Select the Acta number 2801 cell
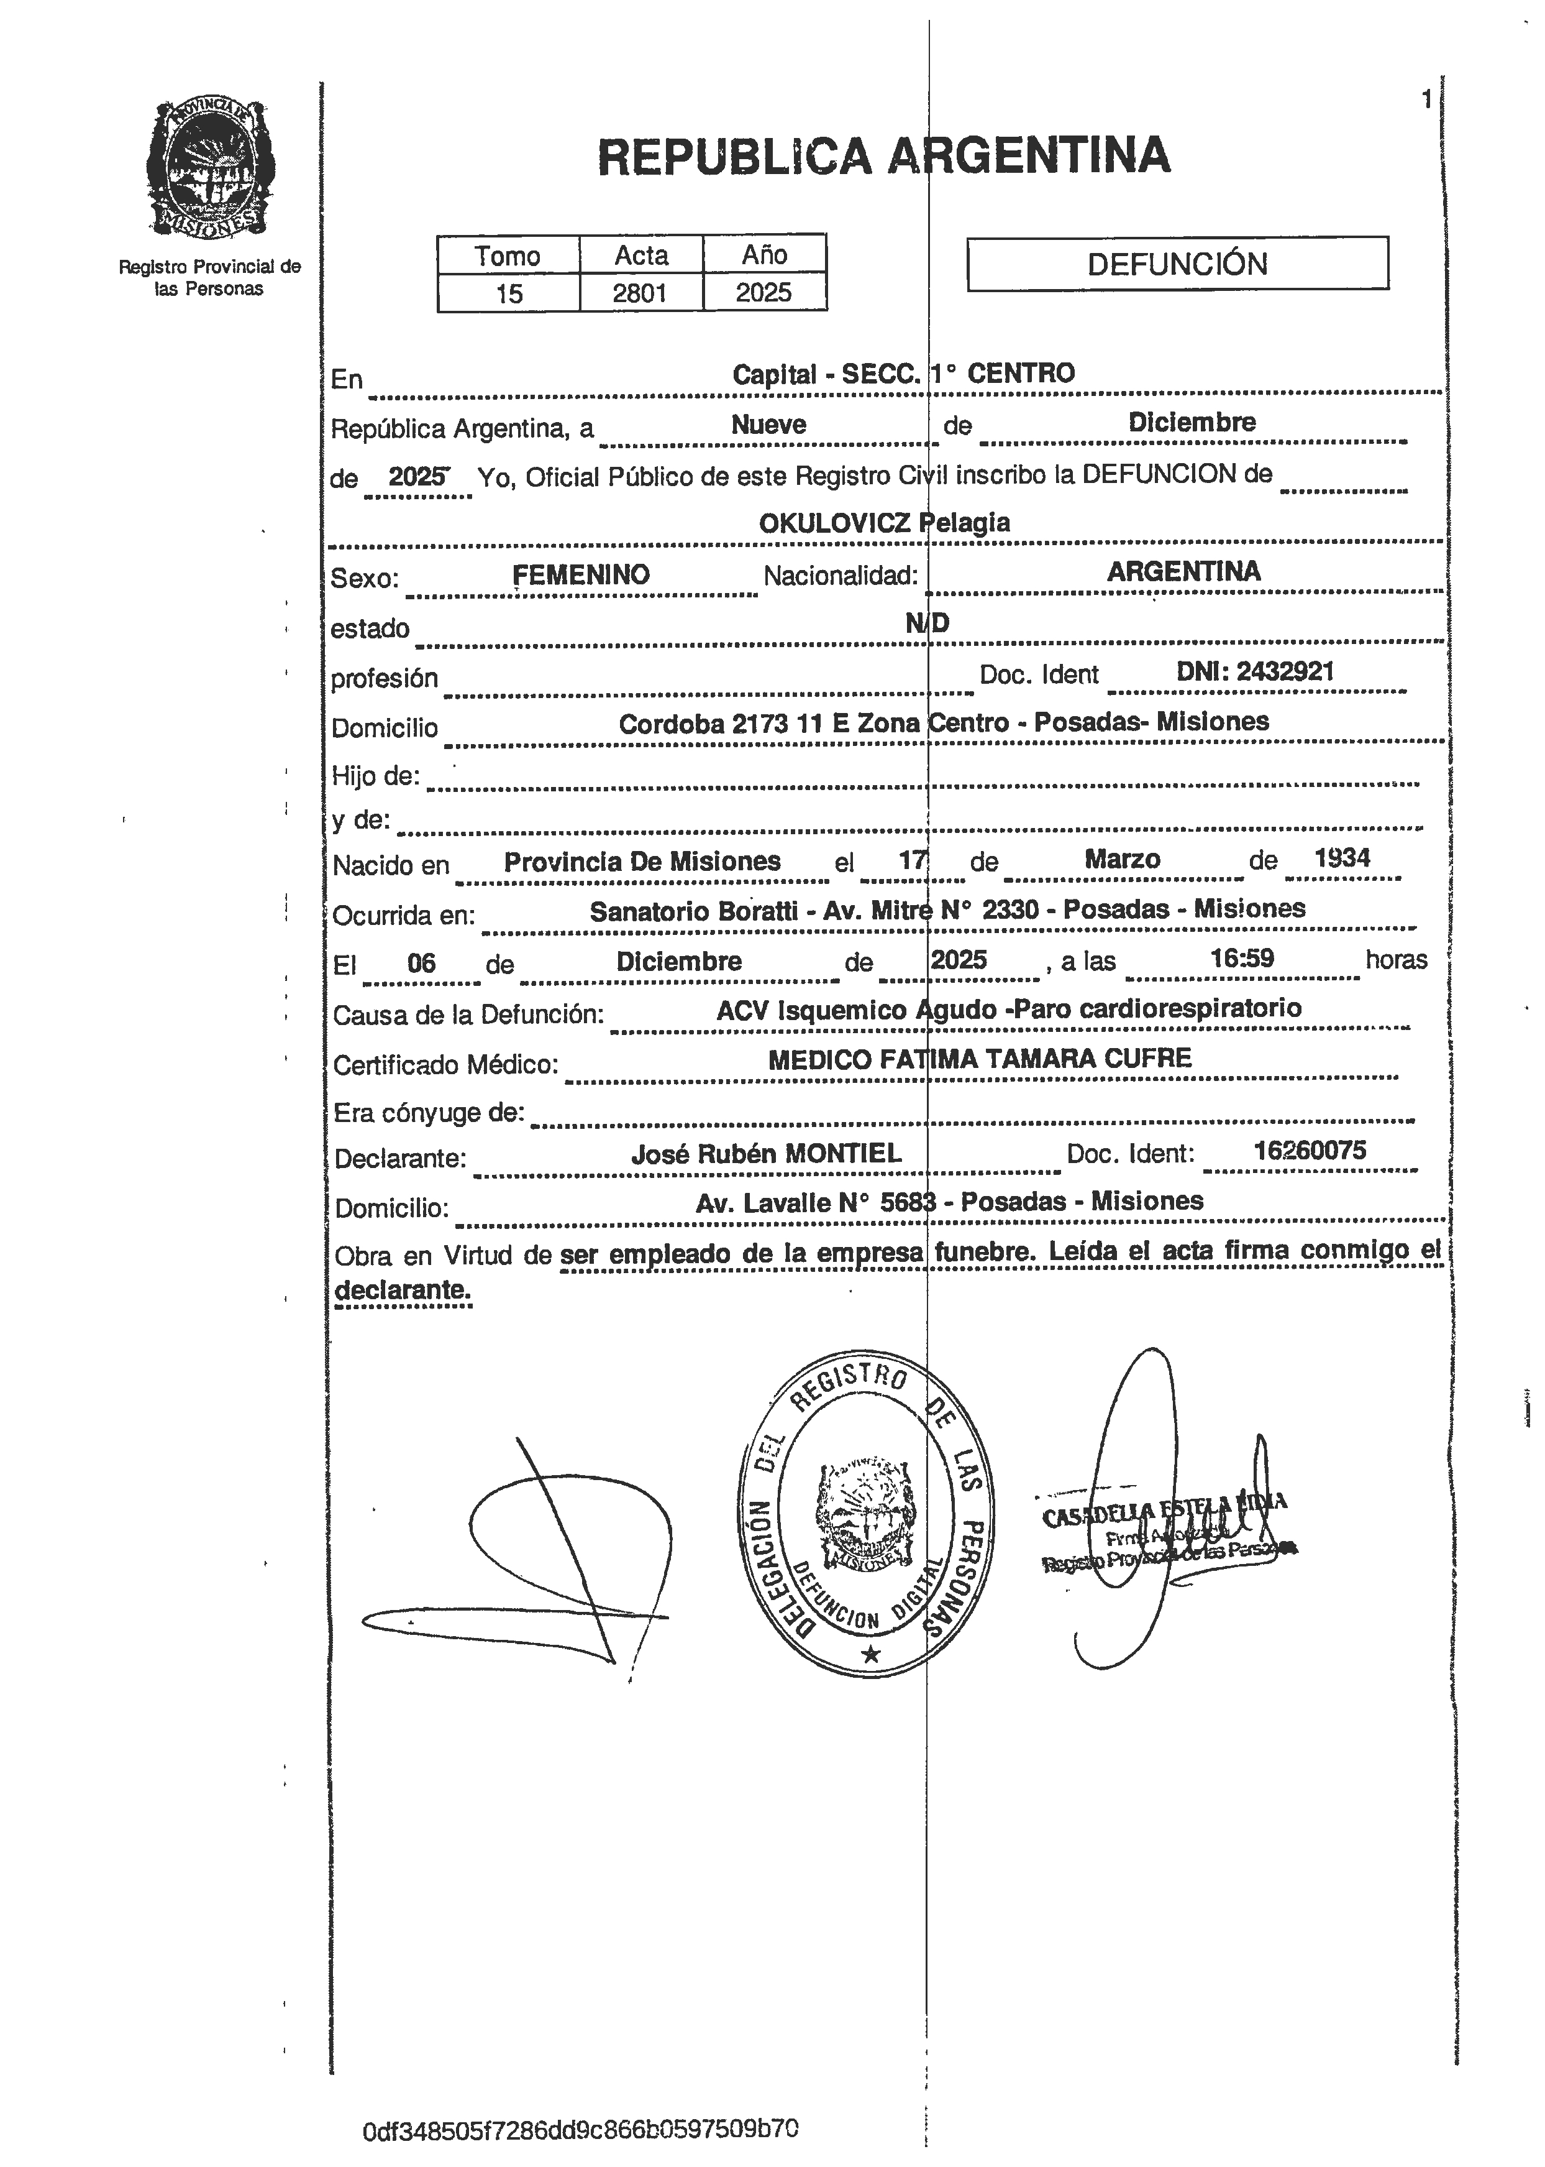pos(640,292)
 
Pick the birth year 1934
pos(1341,857)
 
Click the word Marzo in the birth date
pos(1122,859)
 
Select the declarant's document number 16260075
pos(1309,1151)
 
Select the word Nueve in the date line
pos(768,425)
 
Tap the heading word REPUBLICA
pos(734,157)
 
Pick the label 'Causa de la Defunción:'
pos(468,1014)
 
